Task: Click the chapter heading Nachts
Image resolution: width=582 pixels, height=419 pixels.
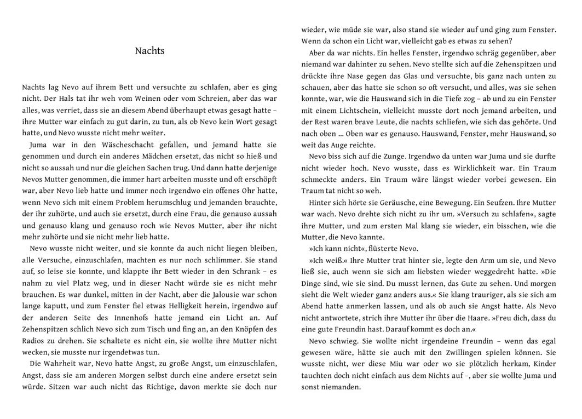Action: click(149, 51)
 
